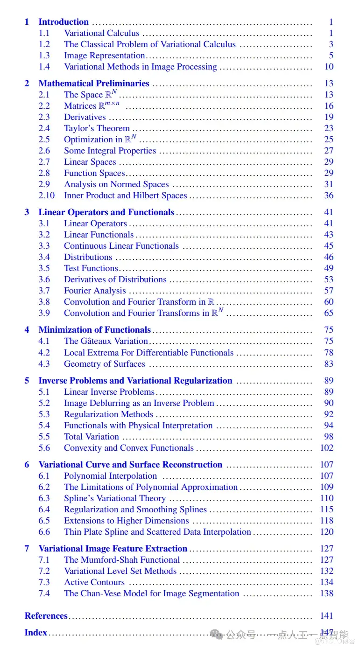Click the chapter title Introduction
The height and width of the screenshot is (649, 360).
[x=64, y=22]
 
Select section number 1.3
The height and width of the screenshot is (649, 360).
[x=44, y=56]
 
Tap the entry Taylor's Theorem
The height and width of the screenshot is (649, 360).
[x=97, y=128]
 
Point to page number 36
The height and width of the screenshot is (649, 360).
[x=329, y=195]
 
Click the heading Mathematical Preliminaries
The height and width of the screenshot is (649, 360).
[x=94, y=84]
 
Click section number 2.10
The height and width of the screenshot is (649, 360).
[x=46, y=195]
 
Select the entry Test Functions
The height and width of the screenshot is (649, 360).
[x=91, y=268]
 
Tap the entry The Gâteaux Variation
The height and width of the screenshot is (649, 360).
[x=106, y=341]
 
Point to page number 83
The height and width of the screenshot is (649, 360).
[x=329, y=364]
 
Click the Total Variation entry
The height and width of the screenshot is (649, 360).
[x=92, y=437]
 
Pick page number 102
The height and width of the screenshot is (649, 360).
[x=327, y=448]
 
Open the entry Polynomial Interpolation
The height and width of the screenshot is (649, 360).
[x=111, y=476]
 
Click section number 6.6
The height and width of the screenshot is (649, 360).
[x=44, y=532]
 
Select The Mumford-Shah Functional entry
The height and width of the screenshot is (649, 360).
[x=122, y=560]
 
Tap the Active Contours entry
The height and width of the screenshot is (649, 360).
[x=94, y=582]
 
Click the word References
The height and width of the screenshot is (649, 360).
[x=46, y=616]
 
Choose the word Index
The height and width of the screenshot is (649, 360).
[x=36, y=633]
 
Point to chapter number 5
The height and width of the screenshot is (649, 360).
[x=27, y=381]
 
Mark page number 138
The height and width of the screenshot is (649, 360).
[x=327, y=593]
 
